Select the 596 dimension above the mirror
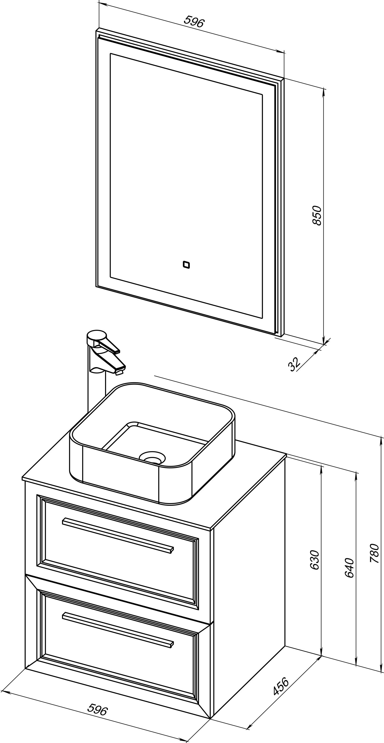(x=194, y=22)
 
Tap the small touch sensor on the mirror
(x=186, y=264)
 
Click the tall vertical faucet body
(x=97, y=384)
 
